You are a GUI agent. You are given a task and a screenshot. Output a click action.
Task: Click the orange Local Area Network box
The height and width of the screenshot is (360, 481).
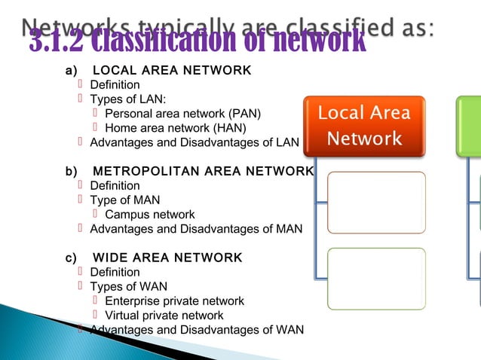click(x=364, y=126)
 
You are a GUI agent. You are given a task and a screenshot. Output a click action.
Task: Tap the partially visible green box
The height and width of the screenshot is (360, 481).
click(x=468, y=126)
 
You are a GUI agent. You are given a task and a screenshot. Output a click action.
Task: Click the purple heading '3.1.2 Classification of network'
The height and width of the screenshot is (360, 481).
click(x=198, y=42)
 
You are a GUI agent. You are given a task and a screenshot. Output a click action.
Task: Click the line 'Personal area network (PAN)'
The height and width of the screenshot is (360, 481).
click(x=183, y=114)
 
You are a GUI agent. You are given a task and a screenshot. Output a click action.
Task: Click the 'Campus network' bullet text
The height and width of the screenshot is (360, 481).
click(x=150, y=215)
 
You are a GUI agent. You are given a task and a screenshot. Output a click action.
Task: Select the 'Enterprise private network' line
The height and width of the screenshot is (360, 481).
click(x=174, y=301)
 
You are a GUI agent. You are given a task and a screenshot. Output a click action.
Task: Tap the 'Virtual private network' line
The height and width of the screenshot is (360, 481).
click(x=164, y=316)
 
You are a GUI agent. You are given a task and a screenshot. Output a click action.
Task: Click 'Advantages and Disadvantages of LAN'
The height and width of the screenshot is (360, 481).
click(x=195, y=142)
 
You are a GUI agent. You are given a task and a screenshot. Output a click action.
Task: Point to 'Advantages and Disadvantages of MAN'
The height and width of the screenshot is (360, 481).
click(x=196, y=229)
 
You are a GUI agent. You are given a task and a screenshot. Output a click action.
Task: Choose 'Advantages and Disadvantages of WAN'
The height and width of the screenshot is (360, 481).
click(x=197, y=330)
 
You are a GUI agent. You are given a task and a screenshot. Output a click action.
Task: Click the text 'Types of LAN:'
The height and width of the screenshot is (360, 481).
click(x=128, y=99)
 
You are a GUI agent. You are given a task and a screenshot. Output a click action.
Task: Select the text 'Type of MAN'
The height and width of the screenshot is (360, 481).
click(x=124, y=200)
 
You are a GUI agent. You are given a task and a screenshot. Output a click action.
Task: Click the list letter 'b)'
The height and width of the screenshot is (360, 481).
click(x=72, y=172)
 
